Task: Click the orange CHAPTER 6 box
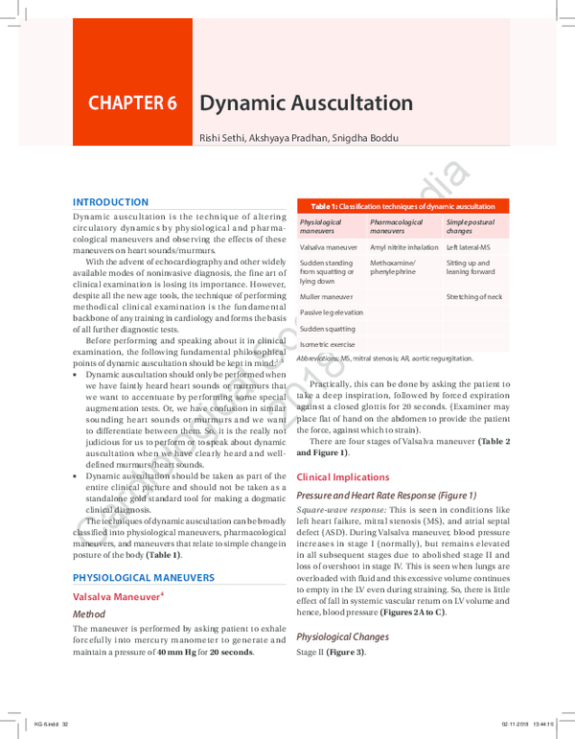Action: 132,104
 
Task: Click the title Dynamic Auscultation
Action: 307,104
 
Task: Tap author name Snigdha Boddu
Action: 373,139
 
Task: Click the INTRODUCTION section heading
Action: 111,202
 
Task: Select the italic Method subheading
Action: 89,613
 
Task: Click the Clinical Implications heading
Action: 343,476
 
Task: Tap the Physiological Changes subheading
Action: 342,636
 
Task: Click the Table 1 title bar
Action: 402,206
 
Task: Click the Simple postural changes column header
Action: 471,226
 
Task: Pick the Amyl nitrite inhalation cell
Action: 403,247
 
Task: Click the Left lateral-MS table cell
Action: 469,247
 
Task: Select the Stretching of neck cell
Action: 473,297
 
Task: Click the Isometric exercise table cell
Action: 327,344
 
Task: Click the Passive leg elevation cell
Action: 331,312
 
